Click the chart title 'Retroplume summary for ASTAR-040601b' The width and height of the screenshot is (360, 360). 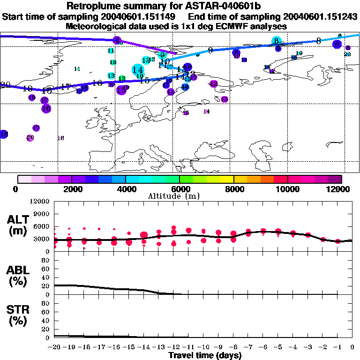click(x=180, y=7)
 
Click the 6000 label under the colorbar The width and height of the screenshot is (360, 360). click(x=180, y=189)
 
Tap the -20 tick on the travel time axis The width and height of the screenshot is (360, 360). click(x=55, y=347)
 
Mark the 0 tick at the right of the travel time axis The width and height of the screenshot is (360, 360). click(x=352, y=347)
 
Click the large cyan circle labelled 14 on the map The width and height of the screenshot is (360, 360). click(x=138, y=69)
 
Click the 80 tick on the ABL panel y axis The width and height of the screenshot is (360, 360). click(x=45, y=261)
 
